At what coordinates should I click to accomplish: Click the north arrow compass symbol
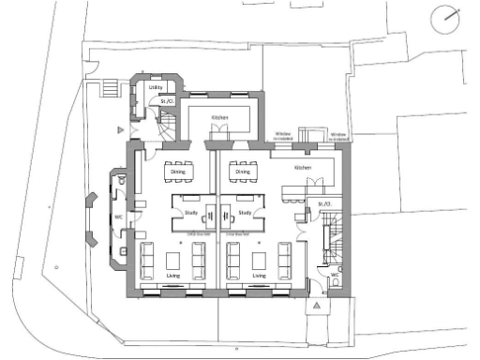[447, 18]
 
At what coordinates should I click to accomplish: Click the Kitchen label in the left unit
[219, 116]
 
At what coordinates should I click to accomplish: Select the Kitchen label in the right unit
[302, 168]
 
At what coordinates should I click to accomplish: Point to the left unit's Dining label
[175, 172]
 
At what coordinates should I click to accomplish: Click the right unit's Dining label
[243, 172]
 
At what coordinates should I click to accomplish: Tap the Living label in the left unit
[173, 277]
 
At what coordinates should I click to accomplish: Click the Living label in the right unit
[259, 277]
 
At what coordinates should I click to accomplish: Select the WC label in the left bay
[118, 217]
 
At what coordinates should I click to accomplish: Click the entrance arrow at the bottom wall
[320, 306]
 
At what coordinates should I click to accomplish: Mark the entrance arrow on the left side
[119, 128]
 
